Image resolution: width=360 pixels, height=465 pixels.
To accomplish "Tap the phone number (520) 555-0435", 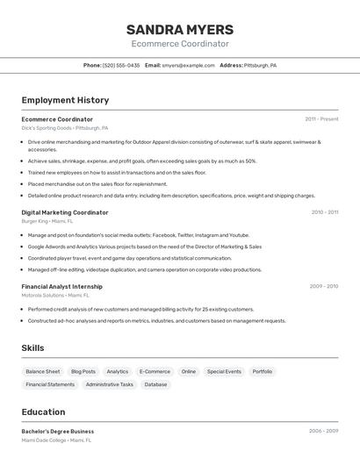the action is click(x=121, y=65).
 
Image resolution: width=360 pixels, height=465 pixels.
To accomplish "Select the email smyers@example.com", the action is click(x=189, y=65).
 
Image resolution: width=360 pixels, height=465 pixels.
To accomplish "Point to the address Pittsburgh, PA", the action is click(x=260, y=65).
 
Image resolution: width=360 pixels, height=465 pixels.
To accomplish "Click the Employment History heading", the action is click(x=65, y=100).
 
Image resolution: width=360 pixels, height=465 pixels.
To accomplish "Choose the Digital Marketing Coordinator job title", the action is click(x=65, y=212).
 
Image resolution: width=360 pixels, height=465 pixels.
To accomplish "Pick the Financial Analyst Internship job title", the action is click(x=61, y=286).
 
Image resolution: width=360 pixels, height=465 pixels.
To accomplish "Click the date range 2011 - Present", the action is click(x=321, y=119).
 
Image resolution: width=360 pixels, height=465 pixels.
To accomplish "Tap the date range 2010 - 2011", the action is click(x=324, y=212).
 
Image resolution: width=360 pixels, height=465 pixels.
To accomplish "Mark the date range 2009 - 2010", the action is click(x=324, y=286).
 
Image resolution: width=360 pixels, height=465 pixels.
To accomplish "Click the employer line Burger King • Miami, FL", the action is click(x=47, y=222).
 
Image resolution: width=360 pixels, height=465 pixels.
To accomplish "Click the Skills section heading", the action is click(x=32, y=348).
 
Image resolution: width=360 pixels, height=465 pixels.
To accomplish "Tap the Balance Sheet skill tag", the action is click(x=43, y=371).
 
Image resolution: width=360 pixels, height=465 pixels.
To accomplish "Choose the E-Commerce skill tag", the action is click(x=155, y=371).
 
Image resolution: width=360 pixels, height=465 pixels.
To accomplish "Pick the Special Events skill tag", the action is click(x=224, y=371).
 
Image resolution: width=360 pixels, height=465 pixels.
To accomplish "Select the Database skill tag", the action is click(x=155, y=384).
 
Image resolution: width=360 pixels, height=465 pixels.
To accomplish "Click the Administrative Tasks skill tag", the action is click(x=110, y=384).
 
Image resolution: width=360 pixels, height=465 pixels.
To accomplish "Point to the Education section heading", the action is click(x=43, y=411).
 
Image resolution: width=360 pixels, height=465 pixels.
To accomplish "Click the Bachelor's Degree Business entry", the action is click(x=58, y=432).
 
